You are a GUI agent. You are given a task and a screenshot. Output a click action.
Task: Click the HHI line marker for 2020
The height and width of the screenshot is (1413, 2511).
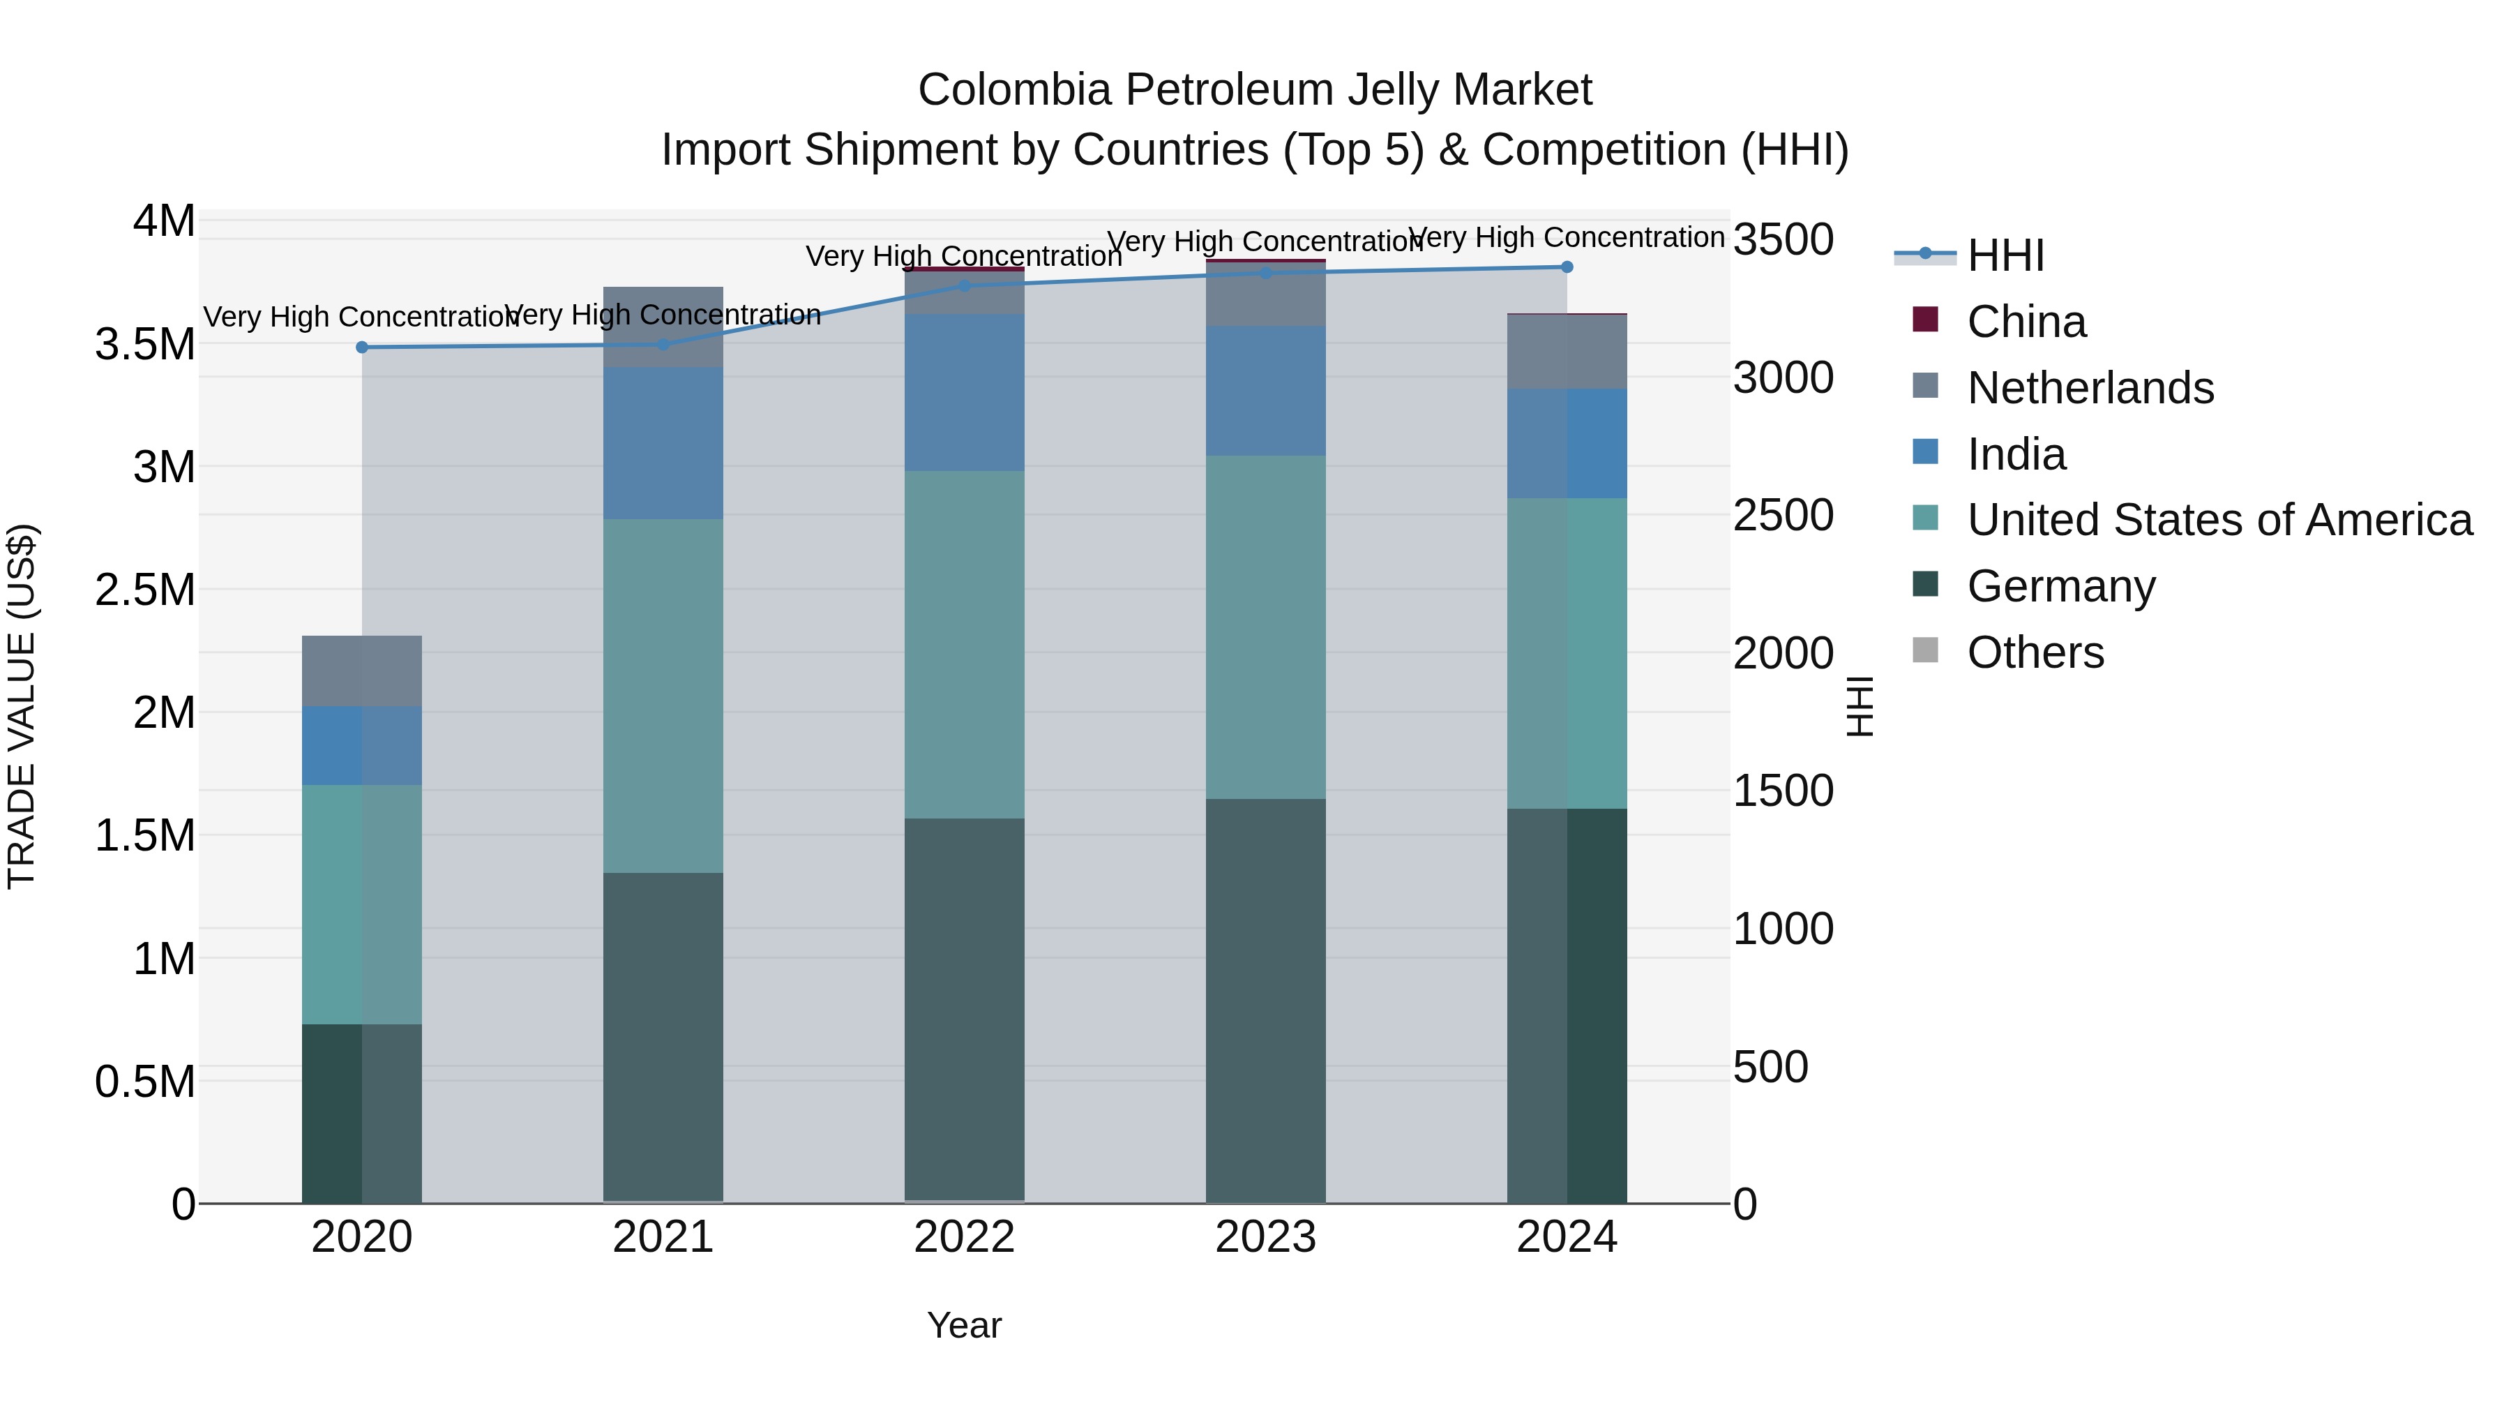pyautogui.click(x=361, y=347)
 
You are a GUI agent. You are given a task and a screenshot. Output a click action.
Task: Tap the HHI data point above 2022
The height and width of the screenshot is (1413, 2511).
pyautogui.click(x=964, y=285)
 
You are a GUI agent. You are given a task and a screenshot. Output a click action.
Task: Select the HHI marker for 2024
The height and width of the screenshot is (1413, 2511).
pyautogui.click(x=1567, y=267)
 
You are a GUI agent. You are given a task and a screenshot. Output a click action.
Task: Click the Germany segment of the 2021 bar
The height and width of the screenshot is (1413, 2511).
pyautogui.click(x=663, y=1036)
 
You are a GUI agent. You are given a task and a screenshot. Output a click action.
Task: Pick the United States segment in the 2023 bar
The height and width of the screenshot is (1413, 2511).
pyautogui.click(x=1265, y=627)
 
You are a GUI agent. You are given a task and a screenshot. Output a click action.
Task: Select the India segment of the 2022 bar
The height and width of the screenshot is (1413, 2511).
pyautogui.click(x=964, y=392)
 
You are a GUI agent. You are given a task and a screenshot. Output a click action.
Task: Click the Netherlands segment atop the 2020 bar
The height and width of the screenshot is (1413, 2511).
pyautogui.click(x=361, y=671)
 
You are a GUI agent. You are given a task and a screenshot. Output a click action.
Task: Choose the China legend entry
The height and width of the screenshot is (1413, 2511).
pyautogui.click(x=2026, y=322)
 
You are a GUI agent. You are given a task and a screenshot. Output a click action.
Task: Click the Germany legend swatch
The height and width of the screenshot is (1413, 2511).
pyautogui.click(x=1925, y=585)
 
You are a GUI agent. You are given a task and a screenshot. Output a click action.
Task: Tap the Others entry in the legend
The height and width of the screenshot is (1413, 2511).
pyautogui.click(x=2035, y=652)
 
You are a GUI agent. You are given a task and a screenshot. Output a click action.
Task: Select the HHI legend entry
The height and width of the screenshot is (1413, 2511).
pyautogui.click(x=2005, y=255)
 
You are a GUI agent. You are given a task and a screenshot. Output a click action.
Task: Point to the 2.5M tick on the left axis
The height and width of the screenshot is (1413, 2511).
pyautogui.click(x=145, y=590)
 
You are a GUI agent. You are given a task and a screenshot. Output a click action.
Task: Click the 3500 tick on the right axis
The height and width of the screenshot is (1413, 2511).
pyautogui.click(x=1783, y=240)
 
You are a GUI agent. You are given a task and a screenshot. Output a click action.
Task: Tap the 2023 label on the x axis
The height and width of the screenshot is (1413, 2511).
pyautogui.click(x=1265, y=1237)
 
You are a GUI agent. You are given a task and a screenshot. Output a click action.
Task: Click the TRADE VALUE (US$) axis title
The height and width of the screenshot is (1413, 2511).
pyautogui.click(x=22, y=706)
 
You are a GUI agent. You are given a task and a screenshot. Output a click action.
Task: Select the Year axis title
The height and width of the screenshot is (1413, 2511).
pyautogui.click(x=964, y=1325)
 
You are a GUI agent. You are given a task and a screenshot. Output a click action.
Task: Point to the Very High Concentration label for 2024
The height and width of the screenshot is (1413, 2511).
pyautogui.click(x=1567, y=237)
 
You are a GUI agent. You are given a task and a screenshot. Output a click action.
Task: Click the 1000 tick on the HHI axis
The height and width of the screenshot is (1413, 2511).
pyautogui.click(x=1783, y=928)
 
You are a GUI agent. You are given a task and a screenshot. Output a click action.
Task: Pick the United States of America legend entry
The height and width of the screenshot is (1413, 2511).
pyautogui.click(x=2219, y=520)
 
